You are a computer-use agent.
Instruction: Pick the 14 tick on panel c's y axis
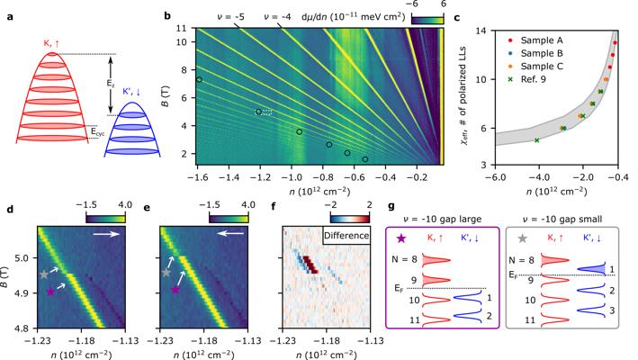click(x=481, y=31)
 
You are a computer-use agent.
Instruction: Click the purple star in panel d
click(x=51, y=292)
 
